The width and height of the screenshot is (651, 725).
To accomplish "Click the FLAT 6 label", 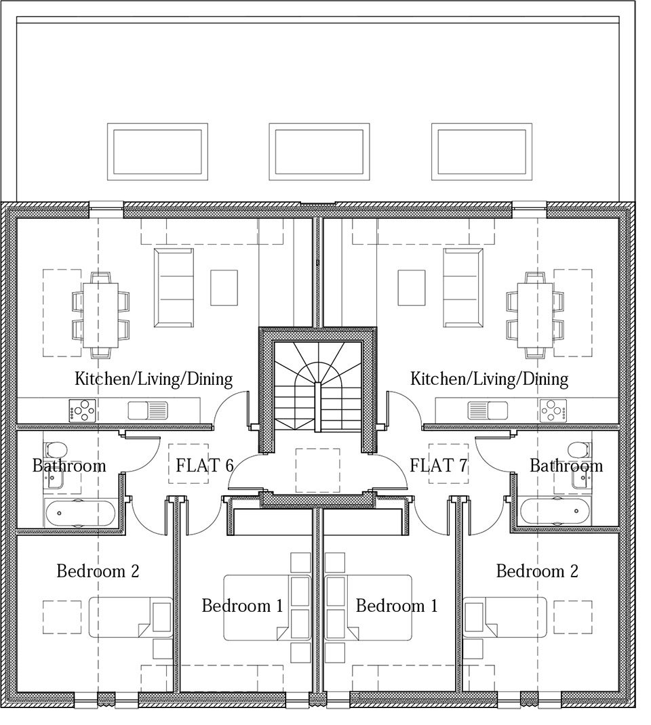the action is pos(205,465).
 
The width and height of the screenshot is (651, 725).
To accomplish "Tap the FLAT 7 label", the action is pos(439,465).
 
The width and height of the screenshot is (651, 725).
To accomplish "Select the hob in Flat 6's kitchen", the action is pos(82,411).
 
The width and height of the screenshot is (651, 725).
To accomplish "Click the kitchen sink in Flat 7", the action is pos(488,410).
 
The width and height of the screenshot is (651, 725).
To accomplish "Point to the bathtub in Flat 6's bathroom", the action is pos(81,513).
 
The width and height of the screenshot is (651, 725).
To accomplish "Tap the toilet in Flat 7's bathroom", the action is pos(578,449).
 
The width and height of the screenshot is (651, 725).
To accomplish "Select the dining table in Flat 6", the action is pos(100,315).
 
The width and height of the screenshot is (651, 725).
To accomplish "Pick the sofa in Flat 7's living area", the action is pos(463,287).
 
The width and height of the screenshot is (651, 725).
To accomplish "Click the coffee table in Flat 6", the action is pos(224,287).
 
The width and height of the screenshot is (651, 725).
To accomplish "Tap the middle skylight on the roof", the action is pos(319,152).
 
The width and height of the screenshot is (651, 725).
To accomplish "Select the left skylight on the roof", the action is pos(157,152).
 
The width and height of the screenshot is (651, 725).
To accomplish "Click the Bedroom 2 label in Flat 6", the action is pos(98,571).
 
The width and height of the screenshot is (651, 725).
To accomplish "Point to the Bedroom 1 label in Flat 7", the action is pos(397,606).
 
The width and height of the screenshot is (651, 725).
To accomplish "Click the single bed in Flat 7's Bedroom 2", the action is pos(505,617).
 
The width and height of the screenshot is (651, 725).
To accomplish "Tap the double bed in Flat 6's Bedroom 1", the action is pos(267,608).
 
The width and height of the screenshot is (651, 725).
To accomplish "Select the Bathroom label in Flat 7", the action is pos(566,465).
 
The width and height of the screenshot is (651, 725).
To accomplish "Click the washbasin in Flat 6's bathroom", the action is pos(55,480).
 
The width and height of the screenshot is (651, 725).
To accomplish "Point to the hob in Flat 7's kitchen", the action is pos(553,411).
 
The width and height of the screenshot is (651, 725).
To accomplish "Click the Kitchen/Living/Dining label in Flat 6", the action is pos(154,379).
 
